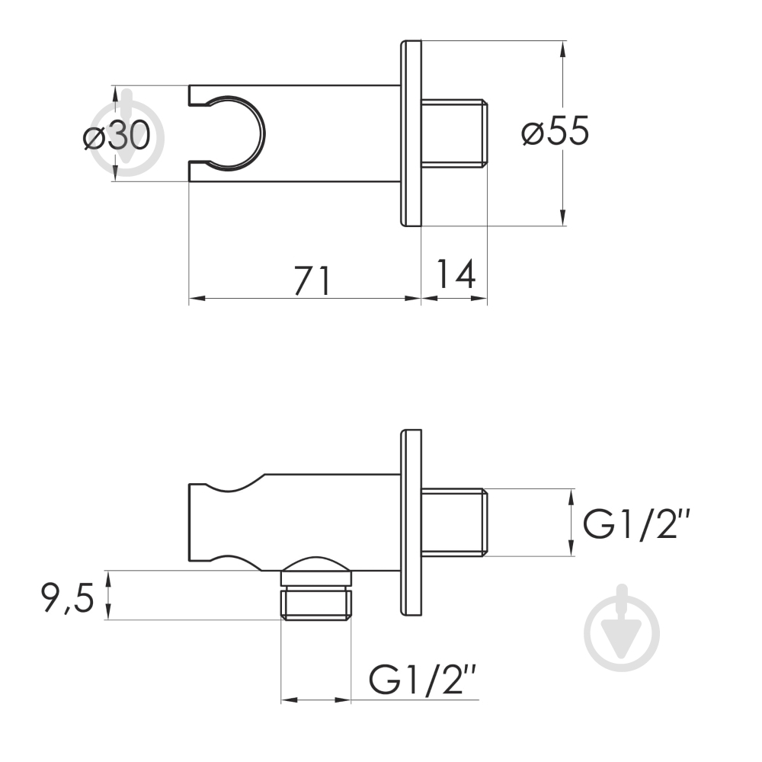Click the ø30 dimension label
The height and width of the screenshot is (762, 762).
[117, 135]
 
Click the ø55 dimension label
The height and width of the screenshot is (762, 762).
[555, 130]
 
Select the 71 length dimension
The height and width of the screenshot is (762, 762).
[312, 280]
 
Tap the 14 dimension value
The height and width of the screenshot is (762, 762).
[456, 274]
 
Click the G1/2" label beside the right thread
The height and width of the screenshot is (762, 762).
[636, 524]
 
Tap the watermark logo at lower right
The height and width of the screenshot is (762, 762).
[622, 629]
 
